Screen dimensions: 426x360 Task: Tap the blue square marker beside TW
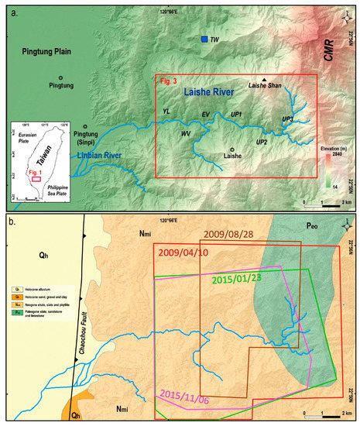click(204, 39)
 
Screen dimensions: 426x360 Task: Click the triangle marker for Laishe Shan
click(264, 80)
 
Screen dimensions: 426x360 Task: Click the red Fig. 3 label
click(169, 80)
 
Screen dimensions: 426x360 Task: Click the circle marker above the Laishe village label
click(231, 149)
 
